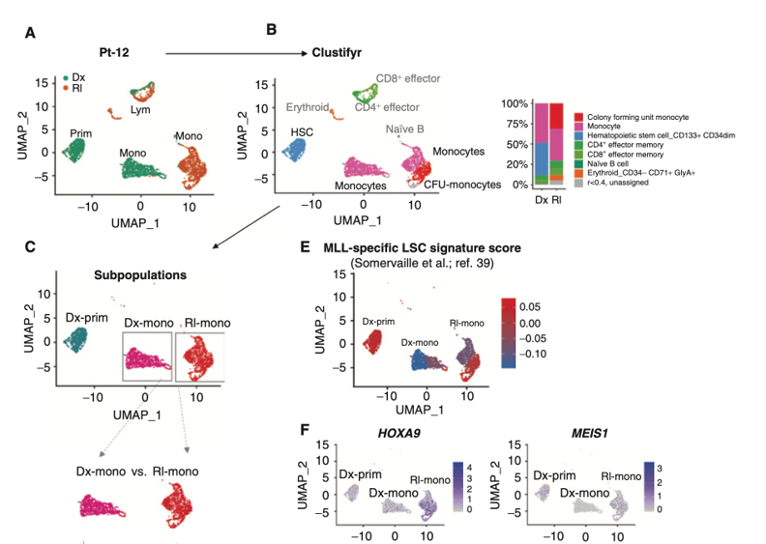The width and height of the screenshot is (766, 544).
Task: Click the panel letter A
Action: (x=31, y=35)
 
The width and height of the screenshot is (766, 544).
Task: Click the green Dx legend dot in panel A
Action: (x=66, y=76)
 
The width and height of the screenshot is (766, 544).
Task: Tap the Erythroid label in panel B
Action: (x=309, y=107)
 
